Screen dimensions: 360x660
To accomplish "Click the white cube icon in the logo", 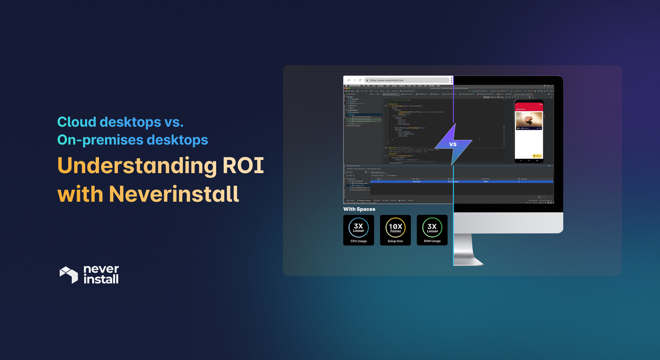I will pos(69,275).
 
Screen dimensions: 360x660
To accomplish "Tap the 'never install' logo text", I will pos(101,274).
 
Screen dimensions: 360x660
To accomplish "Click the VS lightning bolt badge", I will pos(453,144).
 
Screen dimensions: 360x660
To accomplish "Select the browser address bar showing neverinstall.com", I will pos(407,80).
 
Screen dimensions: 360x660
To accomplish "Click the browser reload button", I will pos(360,80).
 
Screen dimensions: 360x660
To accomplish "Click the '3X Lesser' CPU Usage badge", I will pos(359,230).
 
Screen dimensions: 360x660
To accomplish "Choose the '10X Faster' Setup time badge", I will pos(395,230).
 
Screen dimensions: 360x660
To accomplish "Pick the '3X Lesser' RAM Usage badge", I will pos(432,230).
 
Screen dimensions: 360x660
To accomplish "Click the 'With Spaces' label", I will pos(359,209).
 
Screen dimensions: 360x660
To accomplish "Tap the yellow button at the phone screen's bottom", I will pos(537,156).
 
